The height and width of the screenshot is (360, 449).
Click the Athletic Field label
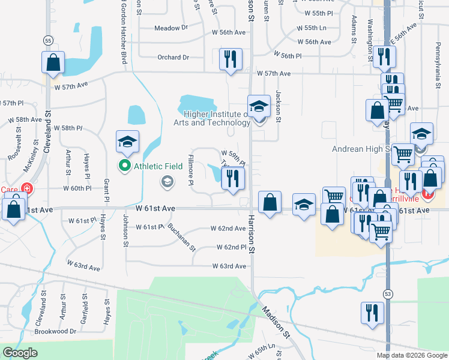pos(158,166)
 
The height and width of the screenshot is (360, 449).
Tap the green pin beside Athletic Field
pos(125,165)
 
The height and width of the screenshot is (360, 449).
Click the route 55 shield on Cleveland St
pos(47,41)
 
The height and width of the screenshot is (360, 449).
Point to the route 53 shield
pos(387,292)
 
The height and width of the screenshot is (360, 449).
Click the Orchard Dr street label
pos(173,58)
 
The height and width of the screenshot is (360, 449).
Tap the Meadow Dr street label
pos(171,28)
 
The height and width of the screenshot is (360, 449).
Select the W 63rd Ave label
pos(229,266)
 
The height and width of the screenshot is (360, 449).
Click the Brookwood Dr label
pos(56,331)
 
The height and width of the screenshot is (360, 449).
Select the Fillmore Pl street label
pos(190,165)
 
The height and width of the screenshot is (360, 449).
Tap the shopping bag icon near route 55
pos(53,62)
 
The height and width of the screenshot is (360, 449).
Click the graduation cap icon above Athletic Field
pos(127,142)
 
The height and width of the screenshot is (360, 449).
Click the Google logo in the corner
pos(20,353)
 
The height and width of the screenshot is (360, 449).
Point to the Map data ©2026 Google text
pos(412,355)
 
